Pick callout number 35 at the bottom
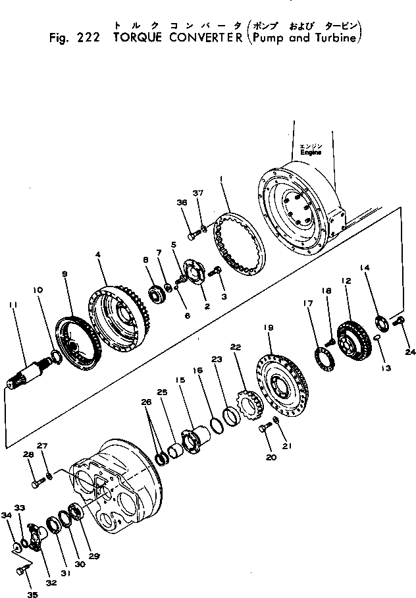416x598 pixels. [32, 594]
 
